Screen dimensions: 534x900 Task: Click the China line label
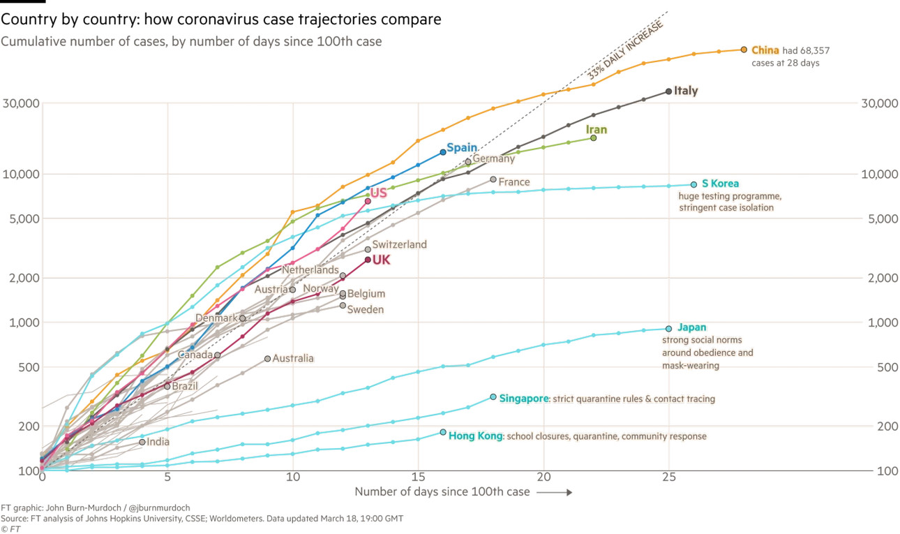(765, 50)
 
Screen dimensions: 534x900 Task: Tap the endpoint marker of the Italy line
(669, 91)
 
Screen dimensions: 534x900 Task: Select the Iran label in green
(596, 130)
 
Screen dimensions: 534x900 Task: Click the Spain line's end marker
(443, 151)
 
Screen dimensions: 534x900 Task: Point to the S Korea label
(720, 184)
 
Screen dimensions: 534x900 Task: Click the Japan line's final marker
(669, 329)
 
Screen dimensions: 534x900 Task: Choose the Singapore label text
(523, 399)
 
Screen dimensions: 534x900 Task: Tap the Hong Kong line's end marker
(443, 432)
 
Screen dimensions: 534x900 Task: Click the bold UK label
(381, 260)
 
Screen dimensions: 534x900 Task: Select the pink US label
(378, 193)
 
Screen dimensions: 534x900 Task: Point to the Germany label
(494, 158)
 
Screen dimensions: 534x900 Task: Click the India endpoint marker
(142, 442)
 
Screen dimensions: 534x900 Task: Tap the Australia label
(293, 359)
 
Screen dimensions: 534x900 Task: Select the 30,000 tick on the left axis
(20, 103)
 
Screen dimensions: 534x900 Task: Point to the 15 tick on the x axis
(418, 477)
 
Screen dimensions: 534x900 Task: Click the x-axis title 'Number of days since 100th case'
(442, 492)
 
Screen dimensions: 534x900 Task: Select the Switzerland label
(399, 245)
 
